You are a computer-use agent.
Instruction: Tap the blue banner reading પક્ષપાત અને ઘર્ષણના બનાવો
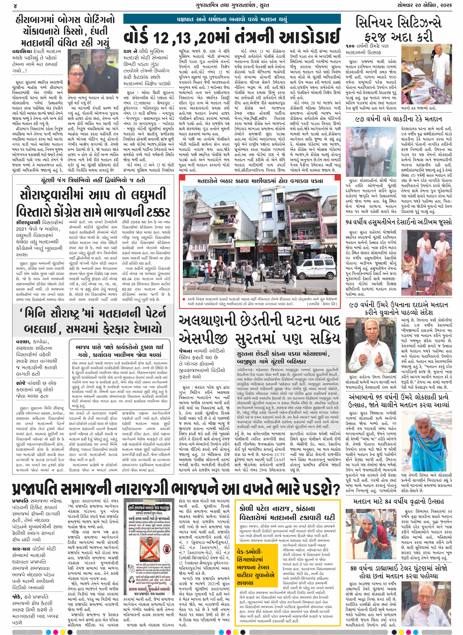click(232, 20)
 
